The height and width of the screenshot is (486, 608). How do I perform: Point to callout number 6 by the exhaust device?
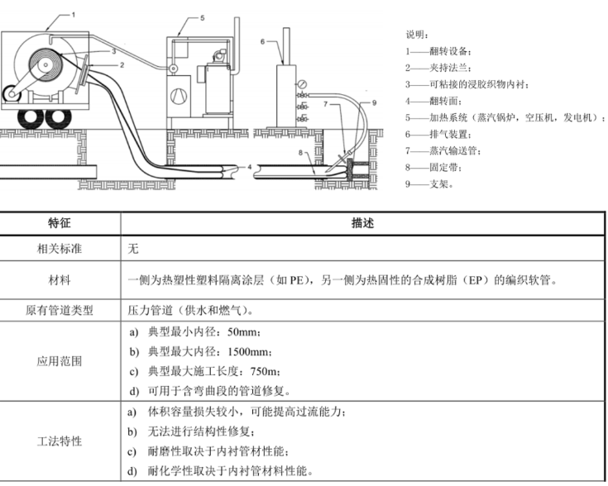point(261,40)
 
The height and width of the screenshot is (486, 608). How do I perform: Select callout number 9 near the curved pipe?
point(373,102)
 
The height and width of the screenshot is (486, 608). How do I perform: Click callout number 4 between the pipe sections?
point(249,168)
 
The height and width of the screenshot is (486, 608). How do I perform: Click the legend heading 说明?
point(417,35)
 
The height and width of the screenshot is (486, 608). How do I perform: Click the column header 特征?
point(60,223)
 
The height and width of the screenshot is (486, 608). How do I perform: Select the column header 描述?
point(363,223)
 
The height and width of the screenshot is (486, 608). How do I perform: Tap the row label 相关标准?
point(60,248)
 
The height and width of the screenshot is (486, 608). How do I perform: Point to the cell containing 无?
point(133,248)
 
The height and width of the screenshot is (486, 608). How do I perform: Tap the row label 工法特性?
point(60,441)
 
